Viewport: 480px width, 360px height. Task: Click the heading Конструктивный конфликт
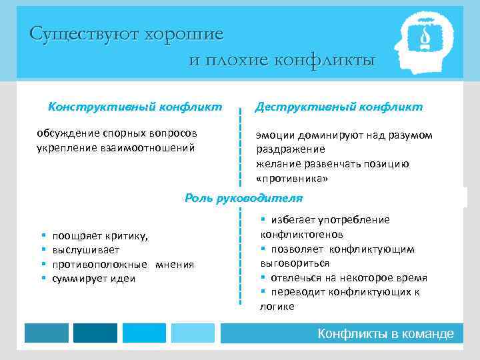135,106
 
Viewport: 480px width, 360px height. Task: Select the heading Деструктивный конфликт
339,106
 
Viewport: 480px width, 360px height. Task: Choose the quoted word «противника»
292,179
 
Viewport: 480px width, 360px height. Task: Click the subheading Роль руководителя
243,198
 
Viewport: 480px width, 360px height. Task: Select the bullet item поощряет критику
100,235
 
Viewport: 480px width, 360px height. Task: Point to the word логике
276,307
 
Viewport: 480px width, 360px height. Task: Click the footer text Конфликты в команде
385,333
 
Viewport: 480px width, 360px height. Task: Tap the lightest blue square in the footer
193,333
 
